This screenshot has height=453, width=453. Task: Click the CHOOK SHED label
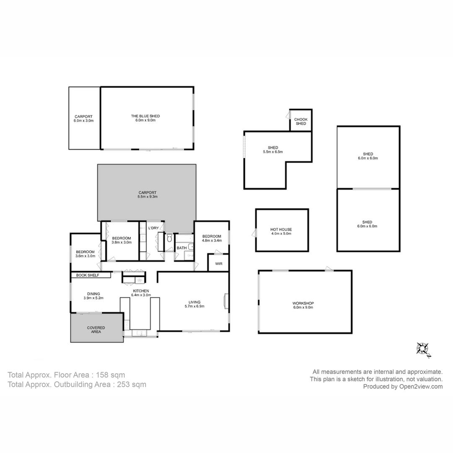click(301, 121)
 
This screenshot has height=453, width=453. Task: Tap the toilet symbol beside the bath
click(169, 238)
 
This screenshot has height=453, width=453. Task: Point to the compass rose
click(423, 349)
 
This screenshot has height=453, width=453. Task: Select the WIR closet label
click(219, 264)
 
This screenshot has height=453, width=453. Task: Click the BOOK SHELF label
click(88, 275)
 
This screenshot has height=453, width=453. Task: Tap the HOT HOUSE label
click(281, 229)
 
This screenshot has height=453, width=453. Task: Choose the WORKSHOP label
click(303, 303)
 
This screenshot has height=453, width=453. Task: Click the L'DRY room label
click(154, 228)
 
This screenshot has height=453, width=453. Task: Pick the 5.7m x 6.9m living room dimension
click(195, 306)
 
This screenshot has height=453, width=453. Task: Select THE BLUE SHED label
click(145, 116)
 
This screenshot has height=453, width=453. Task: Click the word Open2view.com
click(421, 387)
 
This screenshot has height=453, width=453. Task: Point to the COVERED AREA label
click(96, 330)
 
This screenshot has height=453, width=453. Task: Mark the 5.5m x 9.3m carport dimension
click(147, 197)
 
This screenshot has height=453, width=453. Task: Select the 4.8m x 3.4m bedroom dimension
click(212, 240)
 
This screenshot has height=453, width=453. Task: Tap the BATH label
click(182, 248)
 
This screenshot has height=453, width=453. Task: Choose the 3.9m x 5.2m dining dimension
click(93, 298)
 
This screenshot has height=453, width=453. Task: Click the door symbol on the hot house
click(254, 233)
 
